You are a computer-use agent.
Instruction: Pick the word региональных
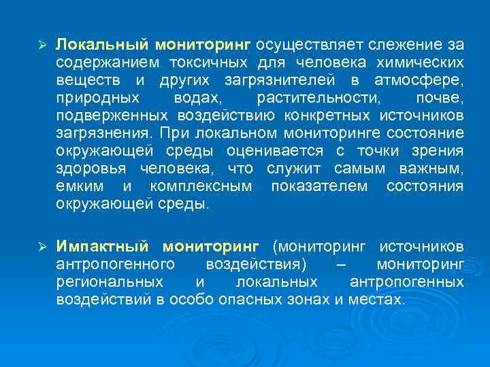click(110, 281)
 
